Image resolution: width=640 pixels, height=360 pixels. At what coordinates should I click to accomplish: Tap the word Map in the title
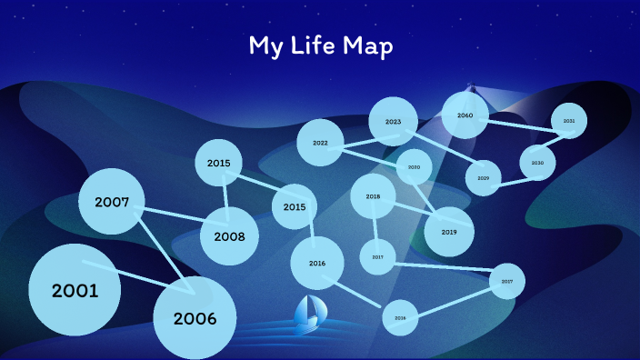click(367, 47)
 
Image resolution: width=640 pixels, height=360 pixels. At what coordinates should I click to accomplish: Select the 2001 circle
click(75, 290)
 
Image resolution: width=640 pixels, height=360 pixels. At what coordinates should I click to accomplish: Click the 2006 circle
click(195, 317)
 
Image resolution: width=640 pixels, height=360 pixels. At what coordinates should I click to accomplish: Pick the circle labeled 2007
click(112, 202)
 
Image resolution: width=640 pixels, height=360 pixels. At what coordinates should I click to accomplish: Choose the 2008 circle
click(229, 235)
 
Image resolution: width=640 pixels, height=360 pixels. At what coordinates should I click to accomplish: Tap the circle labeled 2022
click(320, 143)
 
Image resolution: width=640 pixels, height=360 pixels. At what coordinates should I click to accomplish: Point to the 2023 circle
click(393, 121)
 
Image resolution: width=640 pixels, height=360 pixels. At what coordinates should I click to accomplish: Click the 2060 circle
click(465, 115)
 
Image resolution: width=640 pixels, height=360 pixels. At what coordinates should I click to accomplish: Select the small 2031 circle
click(569, 120)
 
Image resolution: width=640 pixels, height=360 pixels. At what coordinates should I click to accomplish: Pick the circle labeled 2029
click(483, 177)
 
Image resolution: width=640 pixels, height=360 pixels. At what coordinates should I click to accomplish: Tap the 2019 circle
click(449, 232)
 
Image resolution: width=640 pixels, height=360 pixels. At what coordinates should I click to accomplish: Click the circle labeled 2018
click(373, 196)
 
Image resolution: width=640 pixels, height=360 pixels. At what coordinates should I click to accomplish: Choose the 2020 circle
click(414, 167)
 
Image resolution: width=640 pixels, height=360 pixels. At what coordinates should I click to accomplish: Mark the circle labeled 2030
click(537, 163)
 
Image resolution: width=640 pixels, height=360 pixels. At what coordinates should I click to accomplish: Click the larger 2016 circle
click(316, 263)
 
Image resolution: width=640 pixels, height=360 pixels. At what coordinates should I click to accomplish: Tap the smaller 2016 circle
click(400, 317)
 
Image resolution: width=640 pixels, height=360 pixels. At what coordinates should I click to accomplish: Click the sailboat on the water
click(307, 313)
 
